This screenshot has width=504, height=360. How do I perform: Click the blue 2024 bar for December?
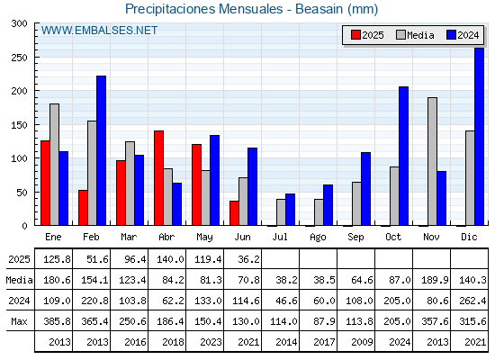pyautogui.click(x=479, y=137)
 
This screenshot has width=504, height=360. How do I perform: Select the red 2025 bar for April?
pyautogui.click(x=158, y=178)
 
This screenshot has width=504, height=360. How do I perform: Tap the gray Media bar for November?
pyautogui.click(x=432, y=161)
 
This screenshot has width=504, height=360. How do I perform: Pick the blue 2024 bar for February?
pyautogui.click(x=101, y=151)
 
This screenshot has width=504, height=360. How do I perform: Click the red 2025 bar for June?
pyautogui.click(x=234, y=213)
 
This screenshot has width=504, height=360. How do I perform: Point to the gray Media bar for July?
pyautogui.click(x=281, y=212)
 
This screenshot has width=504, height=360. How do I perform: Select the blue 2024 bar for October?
pyautogui.click(x=403, y=157)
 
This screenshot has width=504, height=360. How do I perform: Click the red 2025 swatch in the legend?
pyautogui.click(x=355, y=35)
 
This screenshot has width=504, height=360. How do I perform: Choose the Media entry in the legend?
pyautogui.click(x=415, y=35)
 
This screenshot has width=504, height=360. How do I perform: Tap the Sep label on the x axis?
pyautogui.click(x=355, y=238)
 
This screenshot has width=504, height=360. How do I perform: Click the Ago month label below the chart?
pyautogui.click(x=318, y=238)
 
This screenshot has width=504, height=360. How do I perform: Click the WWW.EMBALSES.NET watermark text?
pyautogui.click(x=99, y=31)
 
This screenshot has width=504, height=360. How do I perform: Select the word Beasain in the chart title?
pyautogui.click(x=319, y=9)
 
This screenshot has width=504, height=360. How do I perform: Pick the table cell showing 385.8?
pyautogui.click(x=57, y=321)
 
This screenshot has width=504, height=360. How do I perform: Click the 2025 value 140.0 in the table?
pyautogui.click(x=170, y=259)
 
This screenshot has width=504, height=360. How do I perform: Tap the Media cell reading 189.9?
pyautogui.click(x=435, y=280)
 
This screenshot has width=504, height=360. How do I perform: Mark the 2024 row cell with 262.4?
pyautogui.click(x=472, y=301)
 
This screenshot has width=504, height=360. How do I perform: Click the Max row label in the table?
pyautogui.click(x=19, y=321)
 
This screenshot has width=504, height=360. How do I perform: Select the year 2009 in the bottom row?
pyautogui.click(x=362, y=342)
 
